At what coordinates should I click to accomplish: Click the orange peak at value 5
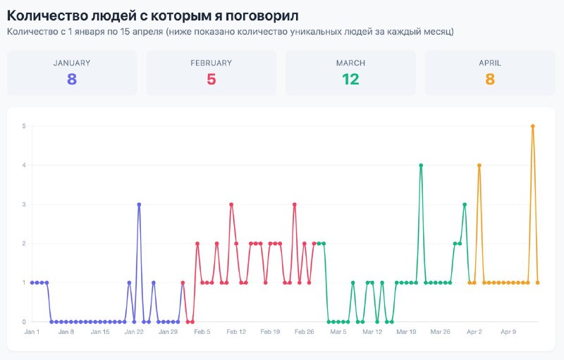coord(533,126)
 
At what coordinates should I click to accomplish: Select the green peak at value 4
coord(421,166)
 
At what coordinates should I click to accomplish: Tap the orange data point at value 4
coord(479,166)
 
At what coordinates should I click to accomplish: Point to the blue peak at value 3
coord(139,204)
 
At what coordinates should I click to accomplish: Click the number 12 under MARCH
coord(350,80)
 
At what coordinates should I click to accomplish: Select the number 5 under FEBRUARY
coord(211,80)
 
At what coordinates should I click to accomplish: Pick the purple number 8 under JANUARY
coord(72,80)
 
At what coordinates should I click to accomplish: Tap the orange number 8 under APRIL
coord(490,80)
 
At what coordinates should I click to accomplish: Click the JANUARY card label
coord(72,63)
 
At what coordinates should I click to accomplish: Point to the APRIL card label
coord(490,63)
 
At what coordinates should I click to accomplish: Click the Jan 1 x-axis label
coord(32,332)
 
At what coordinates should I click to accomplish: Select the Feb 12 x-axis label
coord(236,332)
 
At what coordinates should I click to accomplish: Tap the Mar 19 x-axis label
coord(407,332)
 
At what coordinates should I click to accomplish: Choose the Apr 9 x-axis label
coord(508,332)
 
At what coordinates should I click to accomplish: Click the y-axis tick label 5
coord(24,126)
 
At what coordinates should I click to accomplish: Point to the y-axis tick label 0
coord(24,322)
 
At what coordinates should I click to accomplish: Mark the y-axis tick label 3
coord(24,204)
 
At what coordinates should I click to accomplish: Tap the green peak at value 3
coord(465,204)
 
